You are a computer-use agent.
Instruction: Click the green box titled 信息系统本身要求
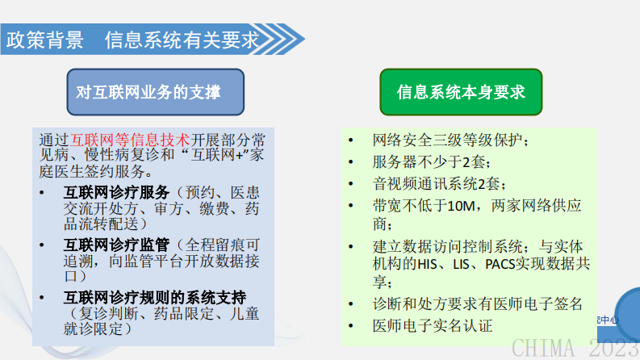pyautogui.click(x=461, y=92)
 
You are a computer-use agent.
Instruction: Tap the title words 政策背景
pyautogui.click(x=45, y=40)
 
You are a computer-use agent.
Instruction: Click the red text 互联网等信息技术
pyautogui.click(x=131, y=139)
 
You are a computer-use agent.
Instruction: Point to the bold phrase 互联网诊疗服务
pyautogui.click(x=116, y=193)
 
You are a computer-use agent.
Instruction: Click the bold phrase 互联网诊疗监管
pyautogui.click(x=116, y=243)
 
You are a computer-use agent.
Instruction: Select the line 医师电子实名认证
pyautogui.click(x=432, y=326)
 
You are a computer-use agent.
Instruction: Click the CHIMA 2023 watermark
pyautogui.click(x=575, y=346)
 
